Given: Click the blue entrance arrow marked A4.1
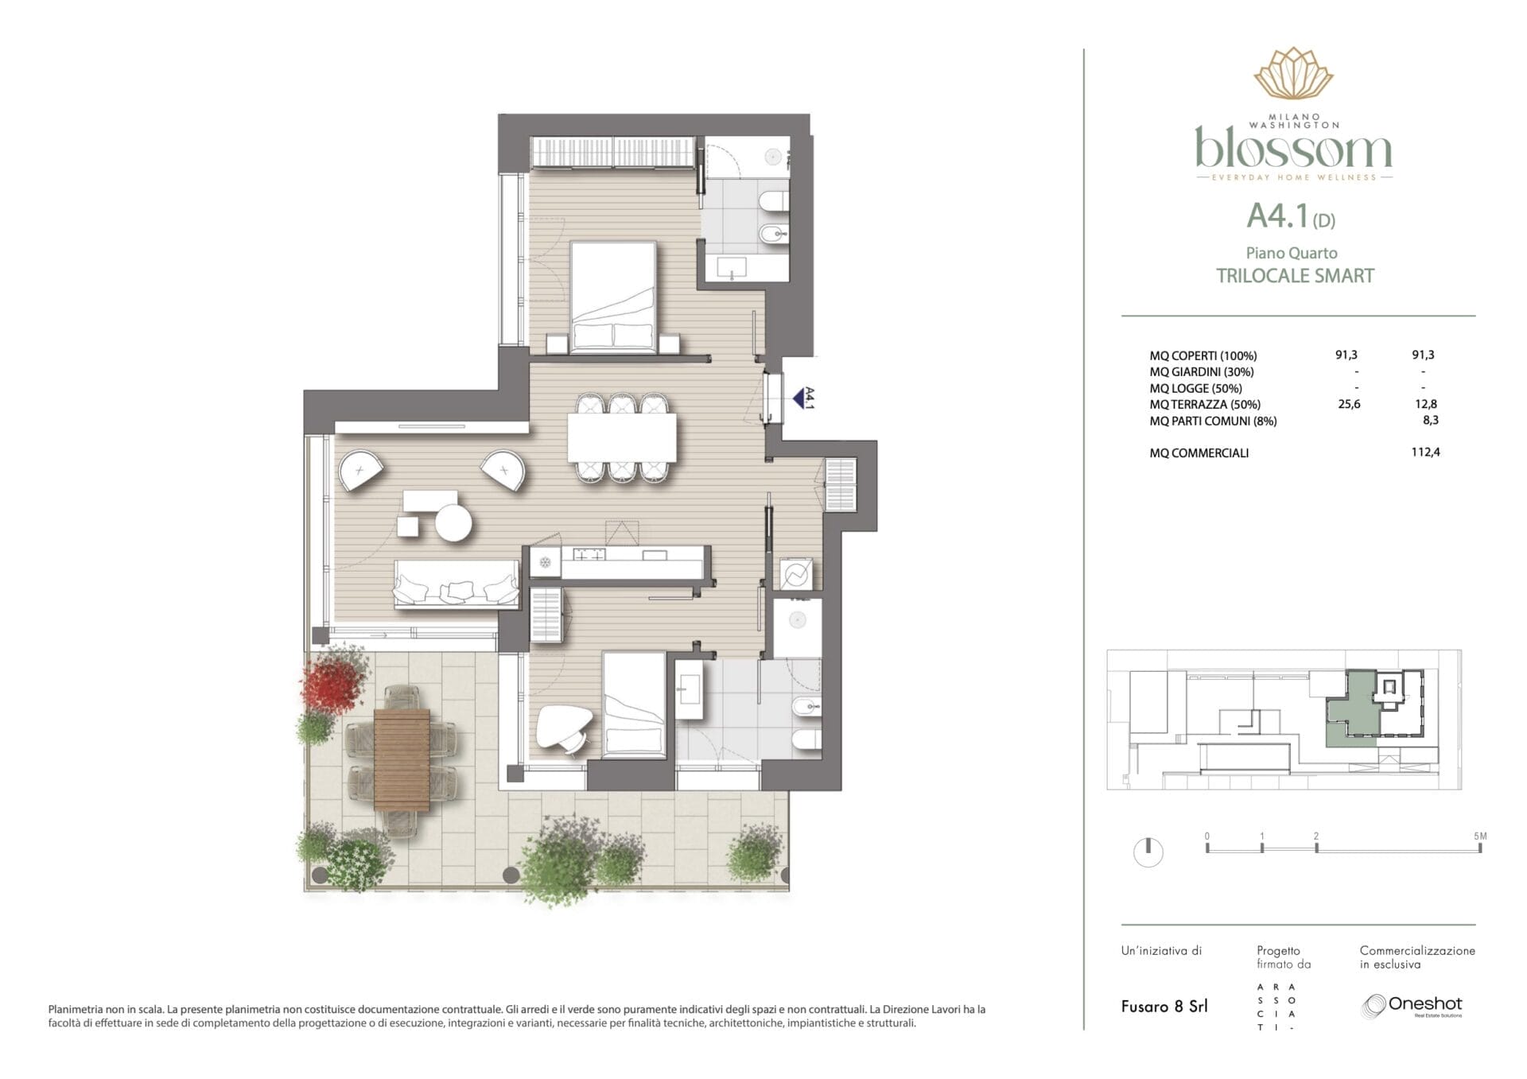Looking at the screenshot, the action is pos(798,398).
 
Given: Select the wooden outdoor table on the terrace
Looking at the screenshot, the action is pos(402,759).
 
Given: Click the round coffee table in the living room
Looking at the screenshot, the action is pos(453,523).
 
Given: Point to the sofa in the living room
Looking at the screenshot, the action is pos(457,584).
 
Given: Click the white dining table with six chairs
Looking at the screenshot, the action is pos(622,437).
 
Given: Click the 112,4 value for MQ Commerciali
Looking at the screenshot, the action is pos(1425,452).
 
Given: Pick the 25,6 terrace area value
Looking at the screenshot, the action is pos(1349,404).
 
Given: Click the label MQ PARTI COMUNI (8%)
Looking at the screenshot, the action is pos(1213,421).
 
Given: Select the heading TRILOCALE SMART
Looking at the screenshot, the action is pos(1295,276).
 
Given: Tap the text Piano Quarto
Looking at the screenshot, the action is pos(1292,253).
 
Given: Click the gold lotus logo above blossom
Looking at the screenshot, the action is pos(1293,73).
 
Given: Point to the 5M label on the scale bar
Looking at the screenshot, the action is pos(1480,836).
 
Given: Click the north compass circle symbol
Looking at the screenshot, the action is pos(1148,852).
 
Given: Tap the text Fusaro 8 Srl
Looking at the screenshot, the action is pos(1164,1007).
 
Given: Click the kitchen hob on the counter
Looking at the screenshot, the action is pos(588,555).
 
